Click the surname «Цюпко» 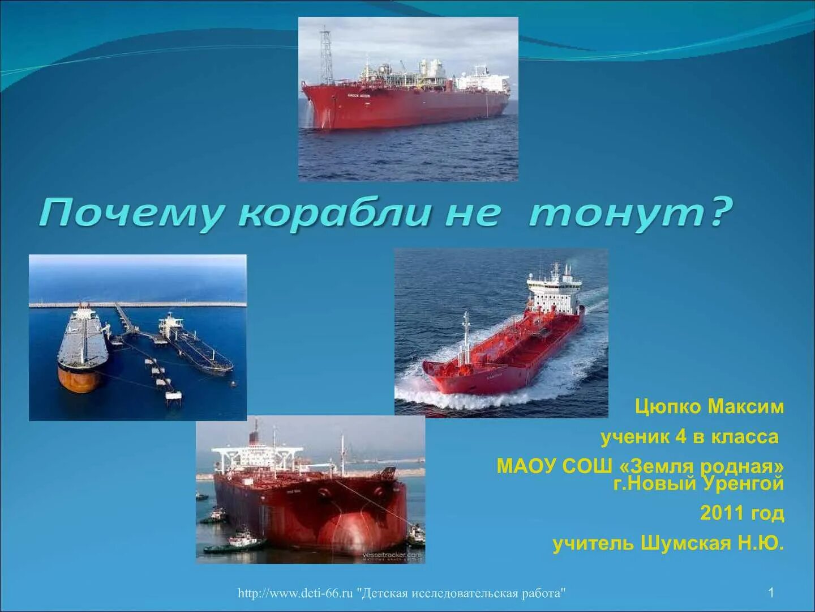668,406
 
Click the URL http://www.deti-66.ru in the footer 295,593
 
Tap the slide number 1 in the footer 771,593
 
